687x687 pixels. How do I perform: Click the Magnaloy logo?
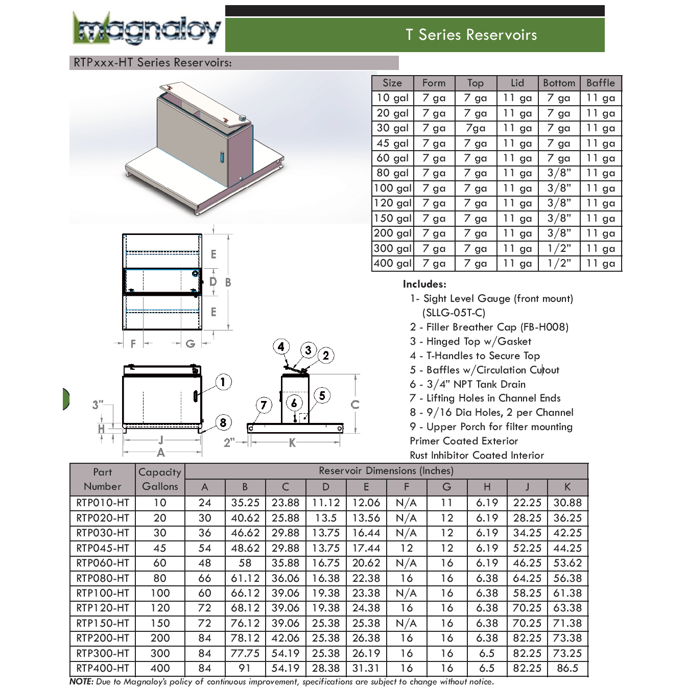[x=147, y=30]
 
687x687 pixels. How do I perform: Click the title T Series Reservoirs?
[x=470, y=35]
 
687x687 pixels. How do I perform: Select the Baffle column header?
[x=601, y=83]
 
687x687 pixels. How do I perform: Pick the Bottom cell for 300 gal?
[x=559, y=248]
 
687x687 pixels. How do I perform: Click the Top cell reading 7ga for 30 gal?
[x=475, y=128]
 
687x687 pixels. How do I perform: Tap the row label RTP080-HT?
[x=103, y=578]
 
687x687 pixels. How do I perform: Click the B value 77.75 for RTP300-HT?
[x=245, y=653]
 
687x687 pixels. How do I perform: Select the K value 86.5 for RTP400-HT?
[x=567, y=668]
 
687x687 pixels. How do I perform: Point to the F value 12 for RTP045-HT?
[x=407, y=548]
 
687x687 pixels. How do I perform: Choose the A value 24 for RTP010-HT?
[x=205, y=503]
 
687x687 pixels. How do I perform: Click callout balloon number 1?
[x=223, y=382]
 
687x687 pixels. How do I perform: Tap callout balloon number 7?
[x=264, y=406]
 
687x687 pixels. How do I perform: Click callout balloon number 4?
[x=281, y=347]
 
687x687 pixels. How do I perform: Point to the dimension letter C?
[x=355, y=405]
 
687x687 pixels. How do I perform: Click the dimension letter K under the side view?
[x=292, y=443]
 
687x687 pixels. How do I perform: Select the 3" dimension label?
[x=98, y=405]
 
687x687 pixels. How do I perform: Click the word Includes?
[x=424, y=284]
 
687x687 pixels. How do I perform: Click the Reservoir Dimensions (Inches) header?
[x=386, y=470]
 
